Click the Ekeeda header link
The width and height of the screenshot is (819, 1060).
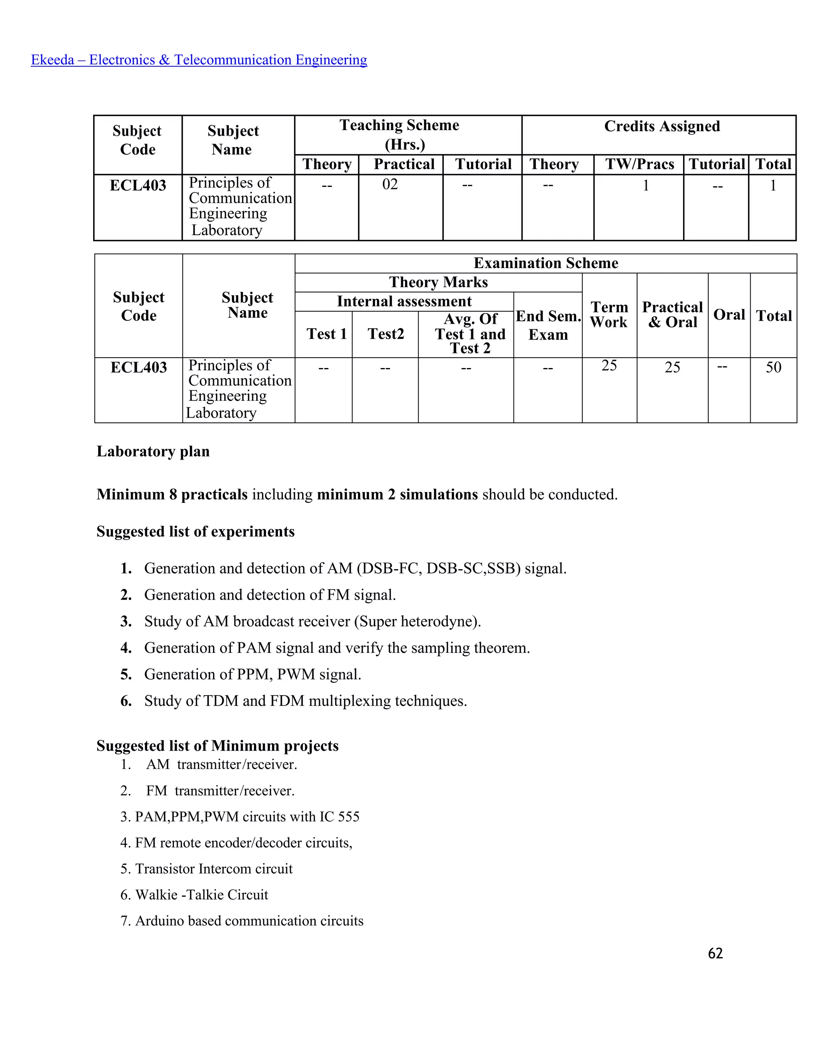(199, 60)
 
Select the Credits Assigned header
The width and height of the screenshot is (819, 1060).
(662, 126)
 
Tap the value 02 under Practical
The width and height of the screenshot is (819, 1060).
(390, 184)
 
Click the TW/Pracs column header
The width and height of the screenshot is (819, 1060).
(639, 164)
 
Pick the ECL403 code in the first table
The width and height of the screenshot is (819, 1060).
(138, 186)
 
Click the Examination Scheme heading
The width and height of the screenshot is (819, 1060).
(546, 263)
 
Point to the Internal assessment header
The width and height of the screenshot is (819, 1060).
(404, 302)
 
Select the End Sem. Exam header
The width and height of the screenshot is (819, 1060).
(548, 325)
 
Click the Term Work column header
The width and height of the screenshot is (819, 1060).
(609, 314)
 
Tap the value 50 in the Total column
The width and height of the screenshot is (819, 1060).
(773, 368)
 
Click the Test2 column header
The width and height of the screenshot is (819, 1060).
(386, 334)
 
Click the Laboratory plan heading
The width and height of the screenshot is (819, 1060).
(153, 451)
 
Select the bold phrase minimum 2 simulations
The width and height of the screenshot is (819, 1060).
(398, 494)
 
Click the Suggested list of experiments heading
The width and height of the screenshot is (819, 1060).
(196, 532)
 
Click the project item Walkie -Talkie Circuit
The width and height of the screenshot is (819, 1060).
(202, 895)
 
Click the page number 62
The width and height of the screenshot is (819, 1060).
(715, 954)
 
